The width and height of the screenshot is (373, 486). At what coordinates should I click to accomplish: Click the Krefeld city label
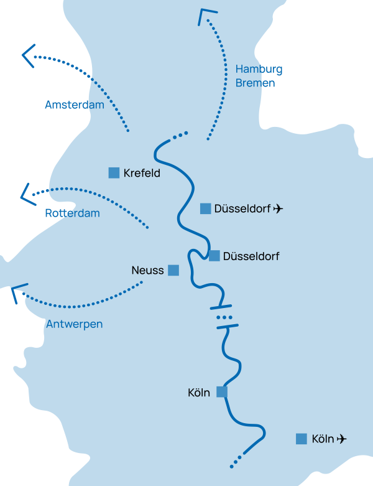[x=142, y=174]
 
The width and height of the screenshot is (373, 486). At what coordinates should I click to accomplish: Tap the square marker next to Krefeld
[x=114, y=173]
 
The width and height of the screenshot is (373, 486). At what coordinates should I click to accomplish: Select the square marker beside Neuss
[x=173, y=270]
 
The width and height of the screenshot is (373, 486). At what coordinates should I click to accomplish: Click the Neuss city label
[x=147, y=271]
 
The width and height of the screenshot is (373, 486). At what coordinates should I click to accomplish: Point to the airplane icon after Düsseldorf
[x=278, y=208]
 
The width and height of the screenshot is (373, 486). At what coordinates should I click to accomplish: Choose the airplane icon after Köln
[x=341, y=439]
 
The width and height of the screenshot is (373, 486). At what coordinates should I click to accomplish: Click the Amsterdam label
[x=75, y=105]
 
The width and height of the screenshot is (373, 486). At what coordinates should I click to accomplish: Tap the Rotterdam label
[x=73, y=213]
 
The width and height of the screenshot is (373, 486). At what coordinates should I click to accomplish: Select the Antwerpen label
[x=74, y=324]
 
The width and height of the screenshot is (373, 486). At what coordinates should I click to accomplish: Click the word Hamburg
[x=259, y=69]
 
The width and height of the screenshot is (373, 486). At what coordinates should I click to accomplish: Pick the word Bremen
[x=255, y=83]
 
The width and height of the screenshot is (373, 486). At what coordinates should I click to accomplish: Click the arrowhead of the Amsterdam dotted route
[x=28, y=57]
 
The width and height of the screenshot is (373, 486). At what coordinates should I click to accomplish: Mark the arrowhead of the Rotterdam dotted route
[x=25, y=194]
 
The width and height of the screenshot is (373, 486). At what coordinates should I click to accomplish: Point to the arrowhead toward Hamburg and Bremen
[x=206, y=17]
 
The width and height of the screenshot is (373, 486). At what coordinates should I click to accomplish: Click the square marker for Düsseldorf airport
[x=206, y=208]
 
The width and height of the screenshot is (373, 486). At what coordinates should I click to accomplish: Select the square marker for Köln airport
[x=302, y=439]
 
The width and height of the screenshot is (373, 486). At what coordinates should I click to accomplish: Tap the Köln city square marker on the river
[x=222, y=391]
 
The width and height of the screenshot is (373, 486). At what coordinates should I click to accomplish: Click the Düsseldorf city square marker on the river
[x=214, y=256]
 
